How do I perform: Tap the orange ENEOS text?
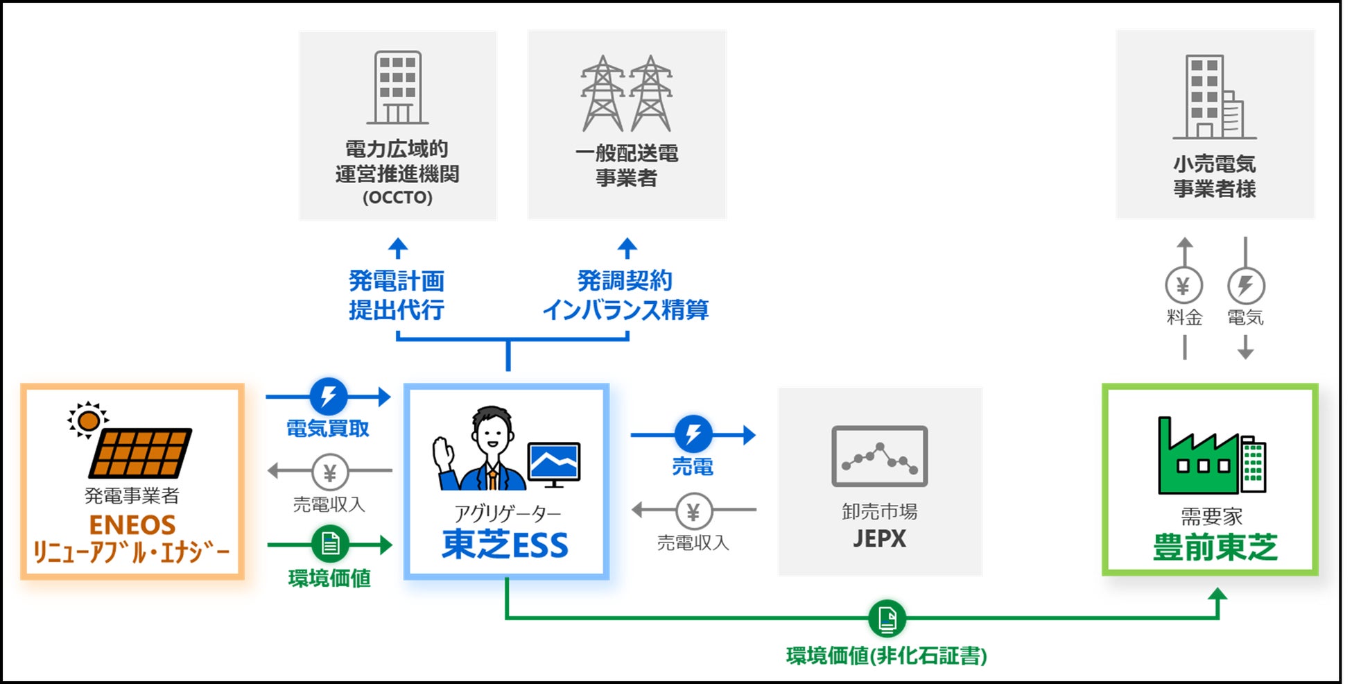(132, 524)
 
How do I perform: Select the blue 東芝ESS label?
(505, 545)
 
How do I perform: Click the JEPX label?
(879, 539)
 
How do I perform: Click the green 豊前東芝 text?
(1215, 547)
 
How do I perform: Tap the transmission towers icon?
(626, 94)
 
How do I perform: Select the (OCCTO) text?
(397, 198)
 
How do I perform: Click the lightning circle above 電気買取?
(329, 397)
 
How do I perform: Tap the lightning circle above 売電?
(693, 435)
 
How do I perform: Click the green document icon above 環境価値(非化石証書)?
(887, 617)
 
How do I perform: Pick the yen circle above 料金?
(1184, 286)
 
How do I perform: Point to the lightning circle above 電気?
(1246, 286)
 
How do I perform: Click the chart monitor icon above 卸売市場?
(879, 456)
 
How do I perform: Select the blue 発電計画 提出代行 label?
(397, 296)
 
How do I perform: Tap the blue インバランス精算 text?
(625, 310)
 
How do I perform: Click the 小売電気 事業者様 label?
(1215, 176)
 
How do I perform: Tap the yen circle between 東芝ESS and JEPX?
(693, 511)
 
